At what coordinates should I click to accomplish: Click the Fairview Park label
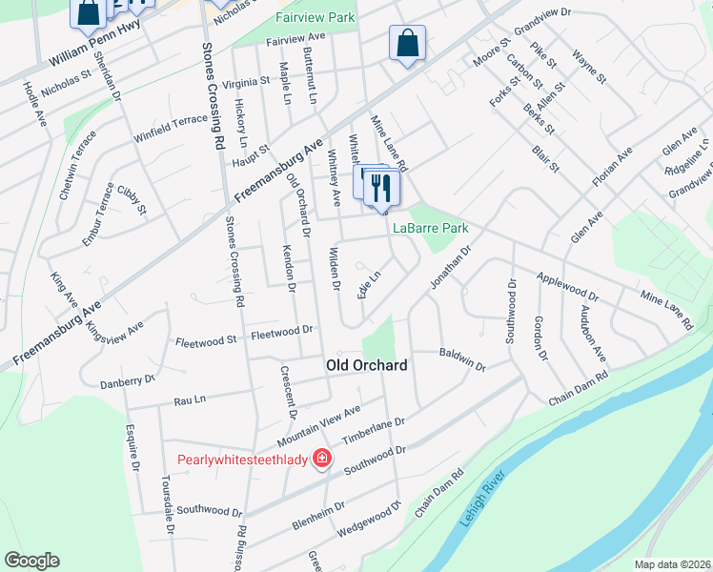[315, 17]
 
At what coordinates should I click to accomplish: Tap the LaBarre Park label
[431, 229]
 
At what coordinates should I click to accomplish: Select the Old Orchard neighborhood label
[367, 365]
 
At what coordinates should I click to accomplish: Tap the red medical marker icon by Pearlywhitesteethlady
[322, 459]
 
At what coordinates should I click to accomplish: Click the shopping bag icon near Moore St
[407, 44]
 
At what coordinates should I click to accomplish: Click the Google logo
[31, 560]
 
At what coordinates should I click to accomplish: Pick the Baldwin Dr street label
[462, 359]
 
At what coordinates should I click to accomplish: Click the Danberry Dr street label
[128, 382]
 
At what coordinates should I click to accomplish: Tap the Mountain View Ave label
[319, 426]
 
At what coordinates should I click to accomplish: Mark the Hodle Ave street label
[34, 106]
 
